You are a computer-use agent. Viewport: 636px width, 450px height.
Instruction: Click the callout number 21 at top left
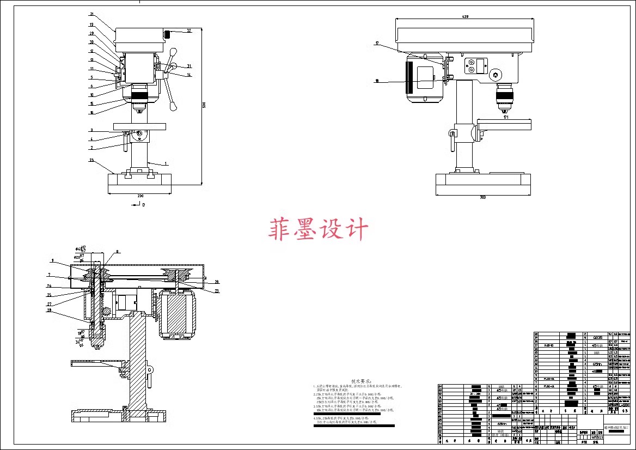pyautogui.click(x=92, y=14)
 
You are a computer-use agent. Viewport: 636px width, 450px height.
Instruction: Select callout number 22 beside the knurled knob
pyautogui.click(x=189, y=31)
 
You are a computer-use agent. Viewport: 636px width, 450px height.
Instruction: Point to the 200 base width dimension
pyautogui.click(x=140, y=196)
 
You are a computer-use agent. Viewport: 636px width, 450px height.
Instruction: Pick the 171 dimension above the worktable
pyautogui.click(x=505, y=117)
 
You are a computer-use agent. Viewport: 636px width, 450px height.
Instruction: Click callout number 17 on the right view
pyautogui.click(x=376, y=44)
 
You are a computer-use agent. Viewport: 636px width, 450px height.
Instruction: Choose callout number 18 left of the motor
pyautogui.click(x=376, y=81)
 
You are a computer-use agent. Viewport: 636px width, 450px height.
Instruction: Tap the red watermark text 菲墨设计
pyautogui.click(x=318, y=230)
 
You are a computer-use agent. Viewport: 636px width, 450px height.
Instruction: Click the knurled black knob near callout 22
pyautogui.click(x=169, y=35)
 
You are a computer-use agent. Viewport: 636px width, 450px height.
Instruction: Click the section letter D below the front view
pyautogui.click(x=144, y=205)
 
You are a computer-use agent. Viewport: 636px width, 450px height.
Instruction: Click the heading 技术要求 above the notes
pyautogui.click(x=362, y=381)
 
